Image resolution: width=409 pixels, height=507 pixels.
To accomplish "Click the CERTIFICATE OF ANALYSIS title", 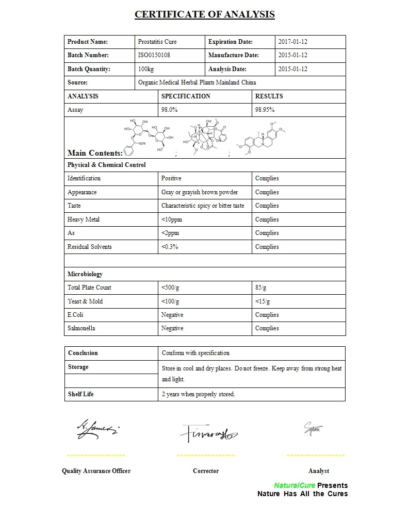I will pos(204,14).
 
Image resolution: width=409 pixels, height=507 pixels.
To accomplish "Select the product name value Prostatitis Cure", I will pos(157,42).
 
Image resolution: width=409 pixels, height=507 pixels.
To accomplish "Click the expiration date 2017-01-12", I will pos(292,42).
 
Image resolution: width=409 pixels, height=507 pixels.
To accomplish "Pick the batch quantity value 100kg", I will pos(146,69).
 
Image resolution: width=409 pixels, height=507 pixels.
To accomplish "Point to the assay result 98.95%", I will pos(265,110).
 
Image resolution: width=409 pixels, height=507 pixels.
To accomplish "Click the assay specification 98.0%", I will pos(169,110).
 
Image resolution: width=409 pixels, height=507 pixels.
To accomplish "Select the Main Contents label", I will pos(95,153).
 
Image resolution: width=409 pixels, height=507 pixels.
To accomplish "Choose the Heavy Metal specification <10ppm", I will pos(171,219).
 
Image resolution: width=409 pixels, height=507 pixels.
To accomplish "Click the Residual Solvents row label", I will pos(89,247).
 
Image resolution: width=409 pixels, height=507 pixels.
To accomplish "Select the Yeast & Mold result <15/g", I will pos(263,301).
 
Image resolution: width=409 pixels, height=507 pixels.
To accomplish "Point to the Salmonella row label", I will pos(81,328).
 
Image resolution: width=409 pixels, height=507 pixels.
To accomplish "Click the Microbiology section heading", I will pos(85,274).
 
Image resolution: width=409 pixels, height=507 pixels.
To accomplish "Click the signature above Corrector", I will pos(207,434).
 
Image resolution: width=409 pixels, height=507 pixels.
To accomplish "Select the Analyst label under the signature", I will pos(318,471).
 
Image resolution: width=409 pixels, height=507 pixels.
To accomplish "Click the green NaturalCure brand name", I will pos(295,485).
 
